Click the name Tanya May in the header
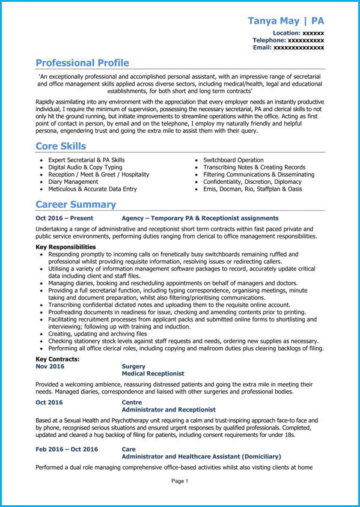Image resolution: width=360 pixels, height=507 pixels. click(x=274, y=21)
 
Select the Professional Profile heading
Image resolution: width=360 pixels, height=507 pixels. click(x=82, y=63)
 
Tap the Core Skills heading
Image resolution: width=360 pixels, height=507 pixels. click(x=61, y=146)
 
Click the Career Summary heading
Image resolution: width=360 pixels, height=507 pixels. click(x=76, y=204)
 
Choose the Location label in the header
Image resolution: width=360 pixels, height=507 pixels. click(x=286, y=32)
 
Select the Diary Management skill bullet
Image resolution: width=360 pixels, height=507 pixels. click(x=73, y=181)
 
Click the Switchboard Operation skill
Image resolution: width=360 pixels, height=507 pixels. click(x=233, y=160)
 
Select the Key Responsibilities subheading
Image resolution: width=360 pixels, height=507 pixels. click(x=66, y=247)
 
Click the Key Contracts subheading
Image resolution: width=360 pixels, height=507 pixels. click(x=58, y=359)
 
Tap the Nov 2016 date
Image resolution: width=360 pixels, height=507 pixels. click(x=49, y=366)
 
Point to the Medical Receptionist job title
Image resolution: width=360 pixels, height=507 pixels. click(x=153, y=373)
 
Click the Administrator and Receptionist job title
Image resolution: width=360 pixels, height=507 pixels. click(x=166, y=408)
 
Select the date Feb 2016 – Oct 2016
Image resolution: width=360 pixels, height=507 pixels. click(x=67, y=449)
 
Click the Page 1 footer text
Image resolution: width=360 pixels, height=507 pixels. click(x=180, y=481)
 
